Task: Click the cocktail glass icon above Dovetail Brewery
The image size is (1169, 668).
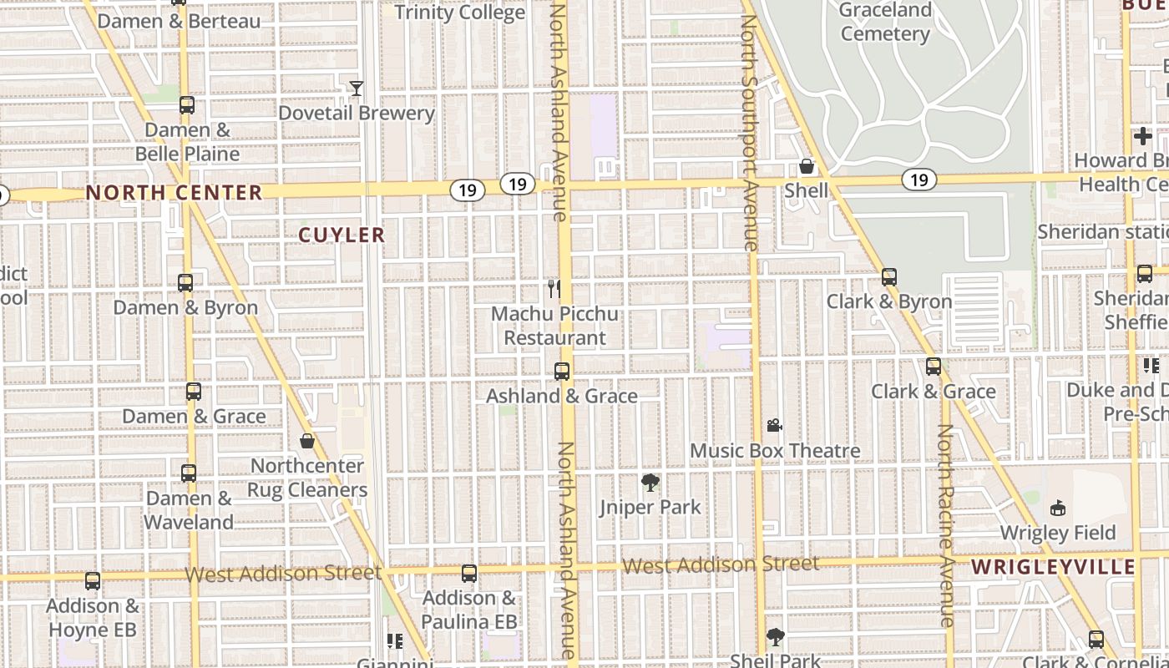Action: (x=357, y=88)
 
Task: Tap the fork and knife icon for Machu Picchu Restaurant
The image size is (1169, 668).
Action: (x=554, y=289)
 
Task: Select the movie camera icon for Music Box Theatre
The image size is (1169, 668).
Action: (x=774, y=426)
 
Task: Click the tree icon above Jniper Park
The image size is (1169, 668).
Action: (x=650, y=482)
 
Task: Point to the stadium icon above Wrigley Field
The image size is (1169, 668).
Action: (x=1058, y=508)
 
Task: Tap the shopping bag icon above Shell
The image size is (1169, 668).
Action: (x=807, y=166)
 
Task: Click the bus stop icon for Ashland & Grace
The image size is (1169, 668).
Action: (x=562, y=372)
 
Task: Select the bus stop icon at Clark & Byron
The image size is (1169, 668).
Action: (x=889, y=277)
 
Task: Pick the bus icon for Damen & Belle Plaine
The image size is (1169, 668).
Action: (x=187, y=105)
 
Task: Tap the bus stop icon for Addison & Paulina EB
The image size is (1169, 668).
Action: (x=469, y=573)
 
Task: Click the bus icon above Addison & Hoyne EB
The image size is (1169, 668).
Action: (x=93, y=580)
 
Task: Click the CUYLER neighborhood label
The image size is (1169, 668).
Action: (x=342, y=235)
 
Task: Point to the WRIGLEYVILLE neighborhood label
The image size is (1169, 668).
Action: (x=1053, y=568)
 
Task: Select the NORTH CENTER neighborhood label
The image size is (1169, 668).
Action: (x=175, y=193)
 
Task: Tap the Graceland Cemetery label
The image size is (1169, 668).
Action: (x=885, y=23)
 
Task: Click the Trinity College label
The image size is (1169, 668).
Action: (x=459, y=13)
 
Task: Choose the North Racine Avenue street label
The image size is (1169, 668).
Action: (x=945, y=526)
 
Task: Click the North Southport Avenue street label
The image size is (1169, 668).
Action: (x=748, y=125)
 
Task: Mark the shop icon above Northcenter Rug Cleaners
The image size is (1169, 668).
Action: (x=307, y=441)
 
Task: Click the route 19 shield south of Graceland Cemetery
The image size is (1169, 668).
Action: (x=918, y=180)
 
